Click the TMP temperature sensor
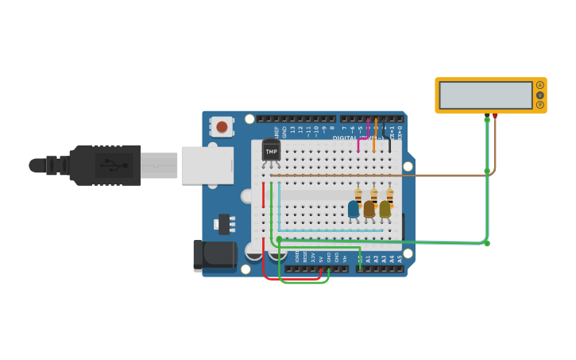[271, 150]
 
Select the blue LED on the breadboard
[354, 208]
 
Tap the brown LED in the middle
[369, 208]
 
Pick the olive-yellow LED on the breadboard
[385, 208]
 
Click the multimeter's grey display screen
[485, 95]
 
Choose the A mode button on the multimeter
[540, 85]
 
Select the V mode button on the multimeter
[540, 95]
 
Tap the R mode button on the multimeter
[540, 105]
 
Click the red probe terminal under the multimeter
[495, 116]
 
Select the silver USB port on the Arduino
[207, 165]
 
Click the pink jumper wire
[359, 143]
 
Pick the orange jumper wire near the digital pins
[374, 135]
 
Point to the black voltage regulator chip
[225, 224]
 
